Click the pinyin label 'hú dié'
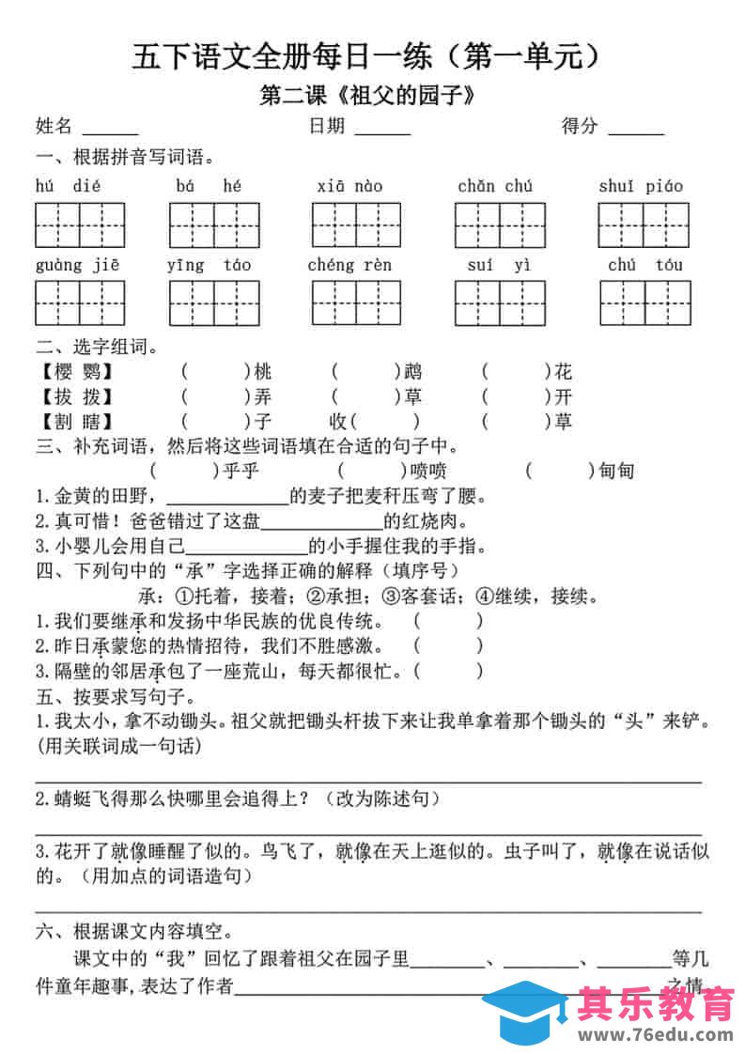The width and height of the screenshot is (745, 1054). tap(68, 186)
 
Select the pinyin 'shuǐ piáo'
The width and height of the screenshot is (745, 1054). tap(641, 186)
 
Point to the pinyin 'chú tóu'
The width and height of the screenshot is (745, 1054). tap(644, 264)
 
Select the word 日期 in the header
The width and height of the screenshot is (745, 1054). tap(326, 126)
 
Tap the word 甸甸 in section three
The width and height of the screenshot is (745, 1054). tap(616, 471)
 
